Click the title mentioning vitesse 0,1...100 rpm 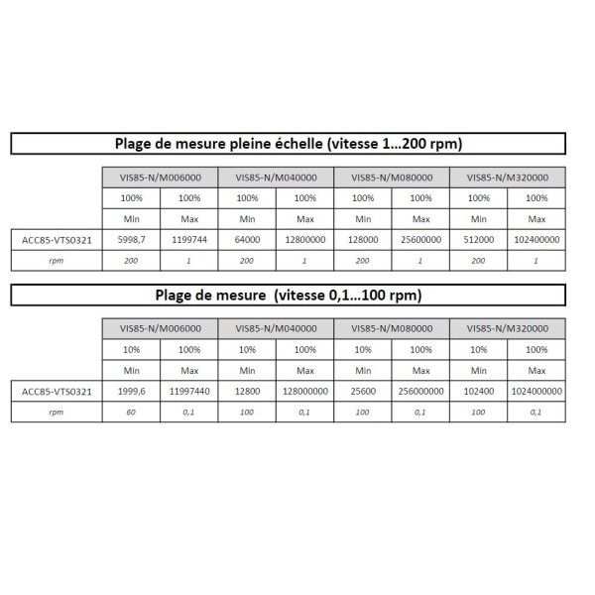[288, 295]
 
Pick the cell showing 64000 [247, 239]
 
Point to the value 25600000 [421, 239]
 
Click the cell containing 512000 [479, 239]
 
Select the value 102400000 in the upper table [536, 239]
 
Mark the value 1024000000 [536, 391]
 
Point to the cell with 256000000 [421, 391]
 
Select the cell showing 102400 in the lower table [479, 391]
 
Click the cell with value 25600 [363, 391]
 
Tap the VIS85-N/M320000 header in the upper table [508, 178]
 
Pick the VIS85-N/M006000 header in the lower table [161, 328]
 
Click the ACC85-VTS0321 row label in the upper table [58, 239]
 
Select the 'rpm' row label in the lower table [58, 412]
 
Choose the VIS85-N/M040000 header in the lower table [276, 328]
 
